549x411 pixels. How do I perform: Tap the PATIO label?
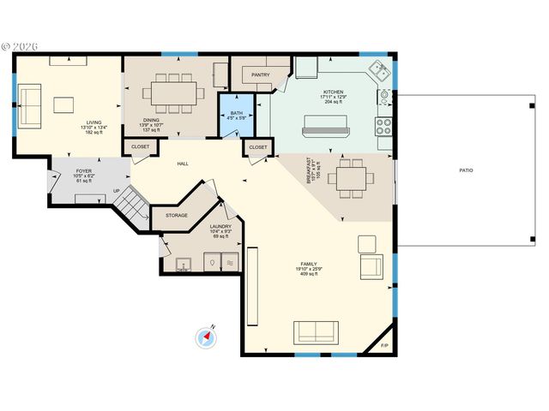tap(466, 170)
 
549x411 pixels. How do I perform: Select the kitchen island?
tap(326, 131)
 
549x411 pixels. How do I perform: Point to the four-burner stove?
tap(383, 127)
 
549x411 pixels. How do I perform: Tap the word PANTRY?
tap(261, 75)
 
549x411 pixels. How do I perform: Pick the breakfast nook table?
tap(353, 179)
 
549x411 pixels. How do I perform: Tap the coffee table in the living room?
tap(65, 104)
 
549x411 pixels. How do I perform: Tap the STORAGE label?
tap(177, 216)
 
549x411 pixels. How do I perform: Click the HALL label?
tap(183, 164)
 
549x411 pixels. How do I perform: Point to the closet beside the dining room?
tap(141, 147)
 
